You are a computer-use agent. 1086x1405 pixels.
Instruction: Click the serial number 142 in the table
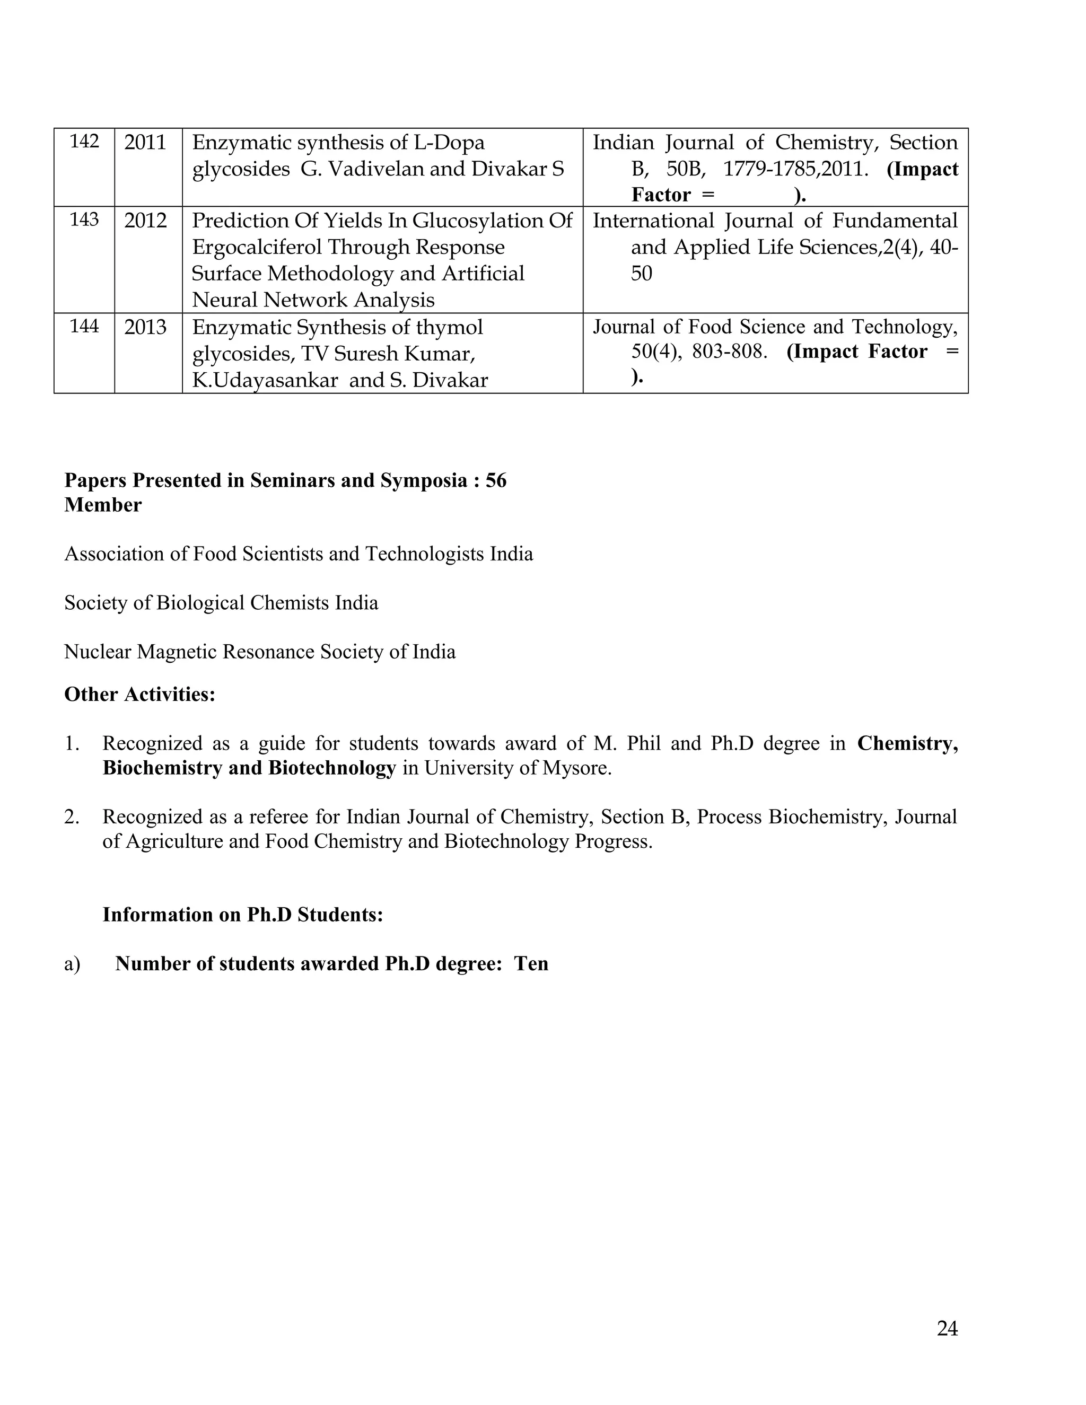[x=84, y=141]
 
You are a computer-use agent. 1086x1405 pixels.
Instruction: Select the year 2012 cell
[x=145, y=221]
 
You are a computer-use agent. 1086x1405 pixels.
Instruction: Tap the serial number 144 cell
[x=84, y=326]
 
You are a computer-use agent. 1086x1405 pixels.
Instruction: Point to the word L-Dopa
[x=450, y=142]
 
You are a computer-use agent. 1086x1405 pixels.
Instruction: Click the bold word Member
[x=103, y=505]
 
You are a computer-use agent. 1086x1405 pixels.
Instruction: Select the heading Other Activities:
[x=139, y=694]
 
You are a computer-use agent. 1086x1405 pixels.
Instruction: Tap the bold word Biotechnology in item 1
[x=331, y=768]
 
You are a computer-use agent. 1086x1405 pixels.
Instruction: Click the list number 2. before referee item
[x=72, y=817]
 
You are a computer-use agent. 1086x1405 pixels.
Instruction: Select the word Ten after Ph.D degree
[x=531, y=964]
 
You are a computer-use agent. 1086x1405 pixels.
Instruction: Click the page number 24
[x=947, y=1329]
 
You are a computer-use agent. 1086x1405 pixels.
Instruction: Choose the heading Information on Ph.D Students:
[x=242, y=915]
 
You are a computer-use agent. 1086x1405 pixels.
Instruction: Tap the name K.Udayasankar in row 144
[x=265, y=380]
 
